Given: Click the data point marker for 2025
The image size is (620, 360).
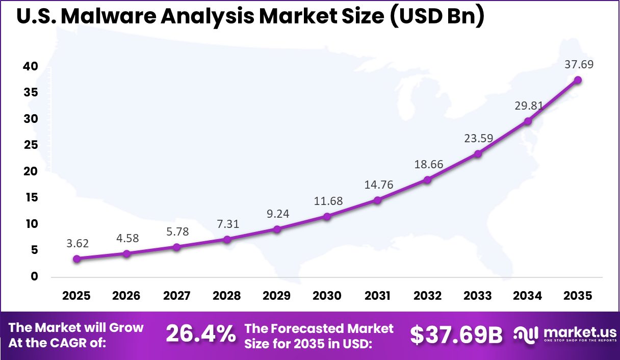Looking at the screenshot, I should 77,259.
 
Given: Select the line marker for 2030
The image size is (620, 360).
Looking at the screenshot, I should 327,217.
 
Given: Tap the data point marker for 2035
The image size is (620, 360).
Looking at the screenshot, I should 578,80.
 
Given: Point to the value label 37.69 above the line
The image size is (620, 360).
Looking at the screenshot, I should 579,65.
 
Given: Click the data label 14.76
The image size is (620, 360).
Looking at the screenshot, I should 379,185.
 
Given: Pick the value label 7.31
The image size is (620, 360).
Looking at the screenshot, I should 228,224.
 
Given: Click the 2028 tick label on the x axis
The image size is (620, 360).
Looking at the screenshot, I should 227,296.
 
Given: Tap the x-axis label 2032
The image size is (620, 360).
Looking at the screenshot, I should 427,296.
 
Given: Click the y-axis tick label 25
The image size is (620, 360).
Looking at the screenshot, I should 31,145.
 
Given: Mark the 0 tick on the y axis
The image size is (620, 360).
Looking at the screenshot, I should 35,276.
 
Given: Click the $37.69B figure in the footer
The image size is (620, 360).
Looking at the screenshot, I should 456,335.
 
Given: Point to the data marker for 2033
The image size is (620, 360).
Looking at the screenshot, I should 478,153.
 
